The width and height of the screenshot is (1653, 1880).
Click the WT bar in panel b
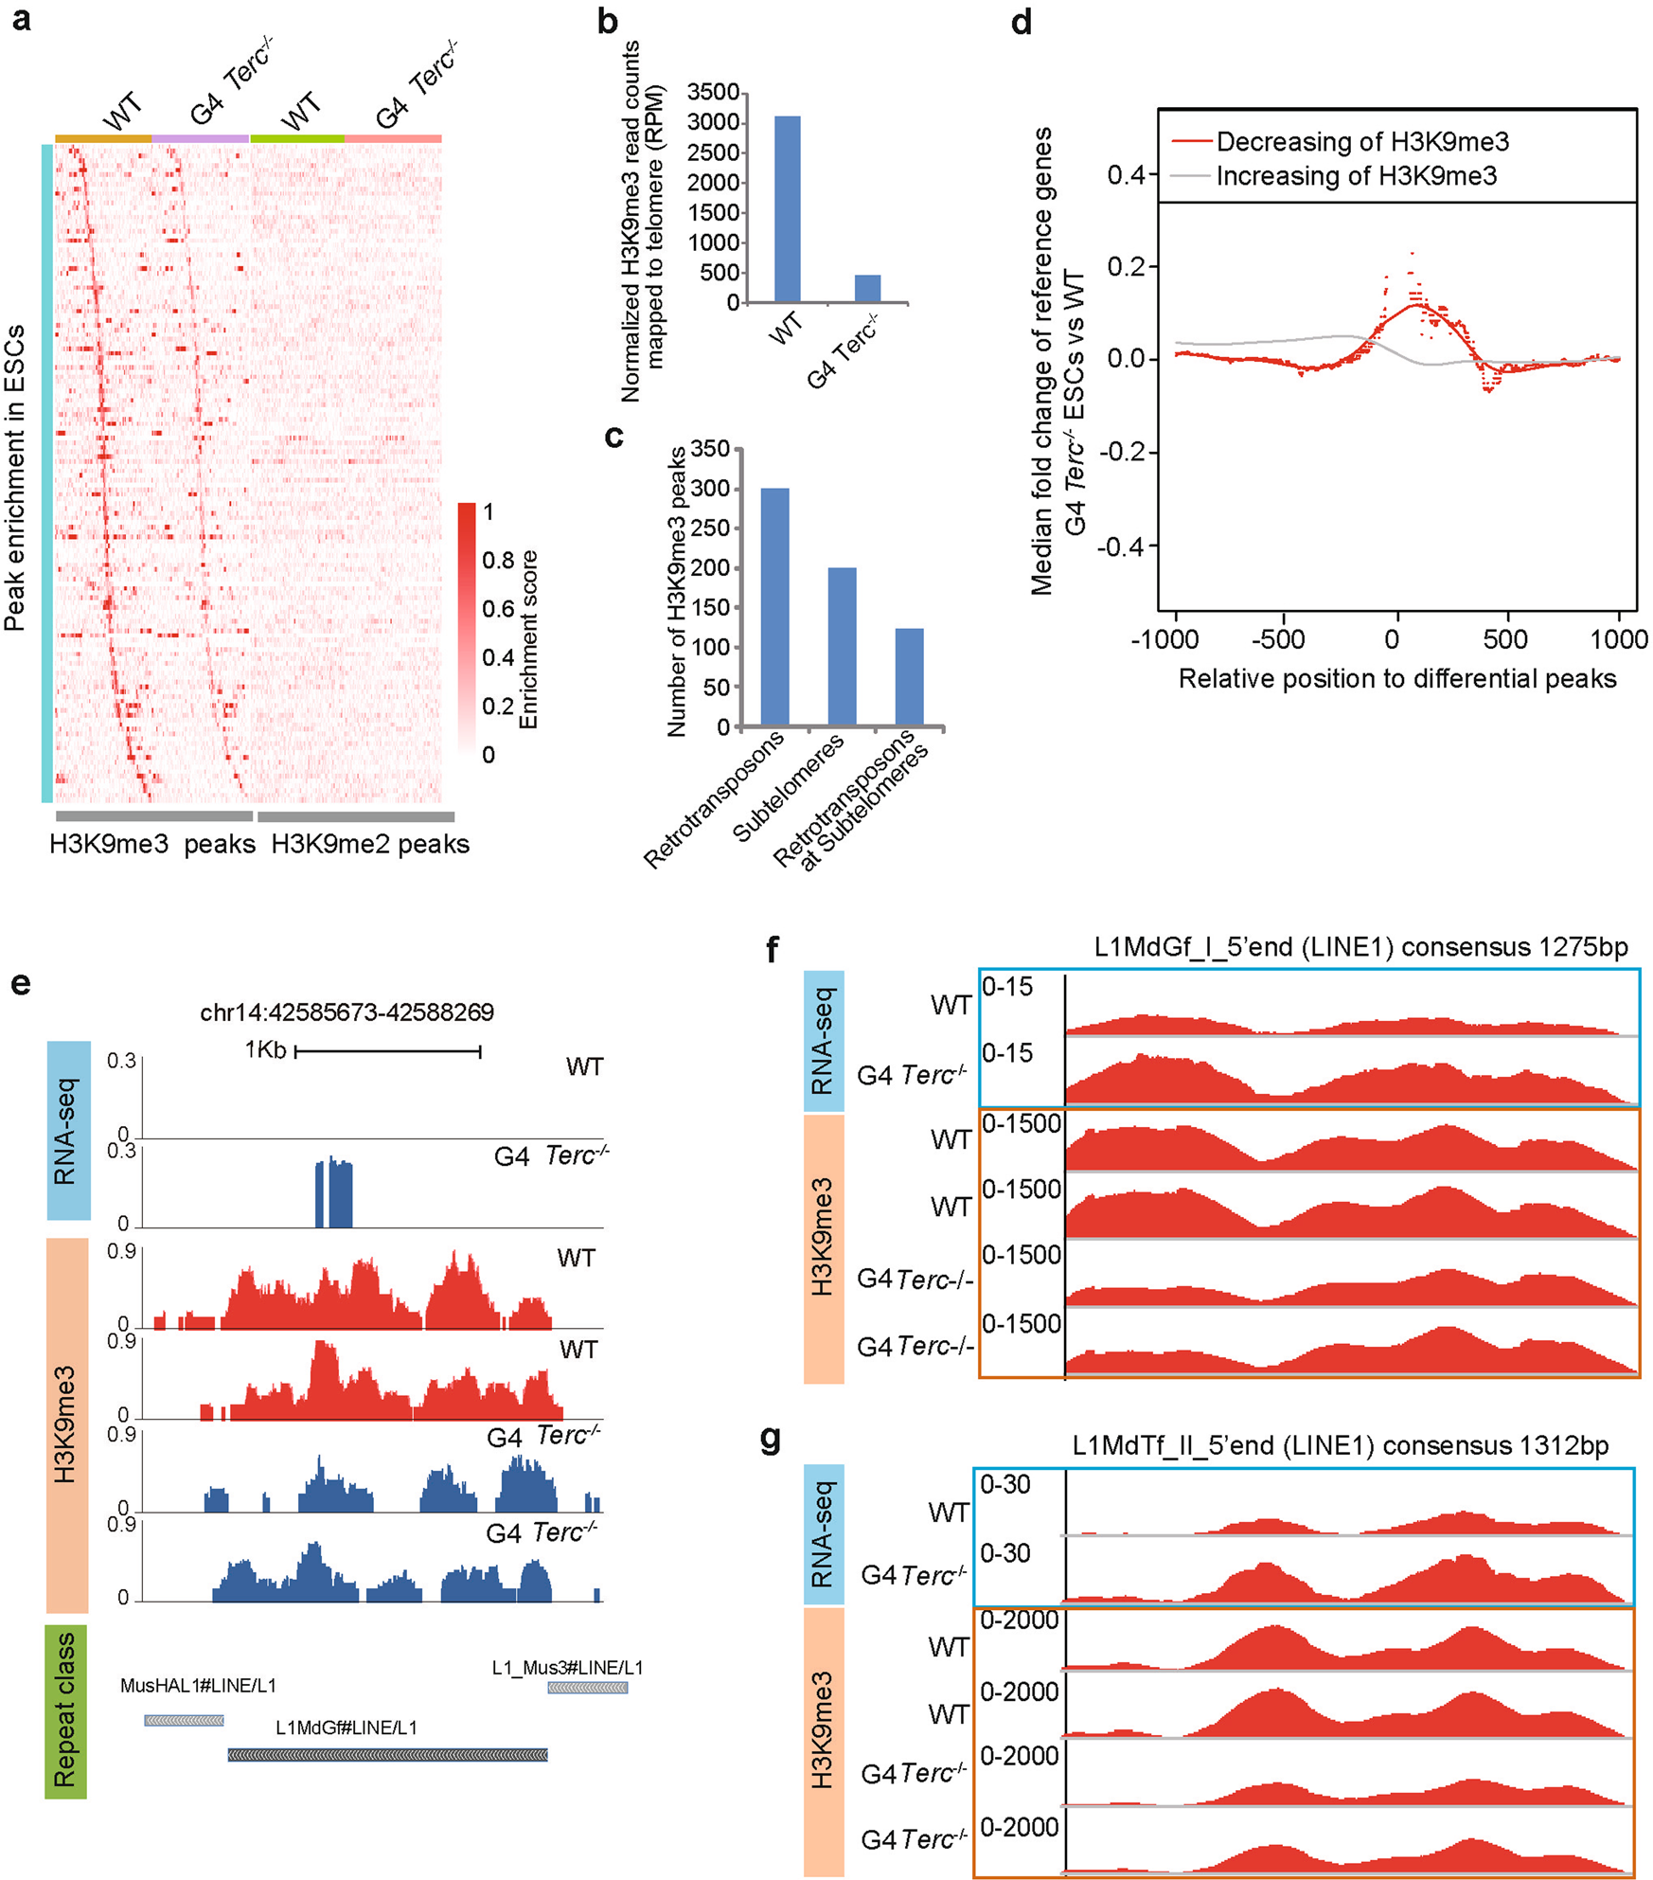point(787,209)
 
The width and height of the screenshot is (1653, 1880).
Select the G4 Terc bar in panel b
point(867,289)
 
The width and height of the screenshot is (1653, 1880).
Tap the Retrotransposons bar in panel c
point(774,607)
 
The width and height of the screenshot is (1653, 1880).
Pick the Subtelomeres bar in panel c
point(842,647)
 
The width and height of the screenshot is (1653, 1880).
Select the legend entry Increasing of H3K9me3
point(1355,176)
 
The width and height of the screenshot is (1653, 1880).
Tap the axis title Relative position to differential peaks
point(1396,678)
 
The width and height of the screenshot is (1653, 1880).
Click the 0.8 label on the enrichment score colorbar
point(497,561)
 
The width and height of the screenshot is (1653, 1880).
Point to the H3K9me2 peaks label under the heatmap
point(370,844)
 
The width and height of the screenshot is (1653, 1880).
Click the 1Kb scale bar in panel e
point(388,1050)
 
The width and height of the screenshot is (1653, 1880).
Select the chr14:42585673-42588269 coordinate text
point(347,1012)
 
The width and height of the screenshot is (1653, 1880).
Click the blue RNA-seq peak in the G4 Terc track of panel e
point(334,1193)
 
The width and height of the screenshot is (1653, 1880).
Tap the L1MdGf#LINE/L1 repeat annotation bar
point(387,1755)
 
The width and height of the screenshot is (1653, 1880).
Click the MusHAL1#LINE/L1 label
point(198,1686)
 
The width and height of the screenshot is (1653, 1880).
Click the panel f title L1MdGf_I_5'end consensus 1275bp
point(1360,947)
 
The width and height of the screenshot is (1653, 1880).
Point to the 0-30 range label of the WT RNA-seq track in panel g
point(1004,1484)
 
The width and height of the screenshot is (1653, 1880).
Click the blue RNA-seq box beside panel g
point(823,1533)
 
